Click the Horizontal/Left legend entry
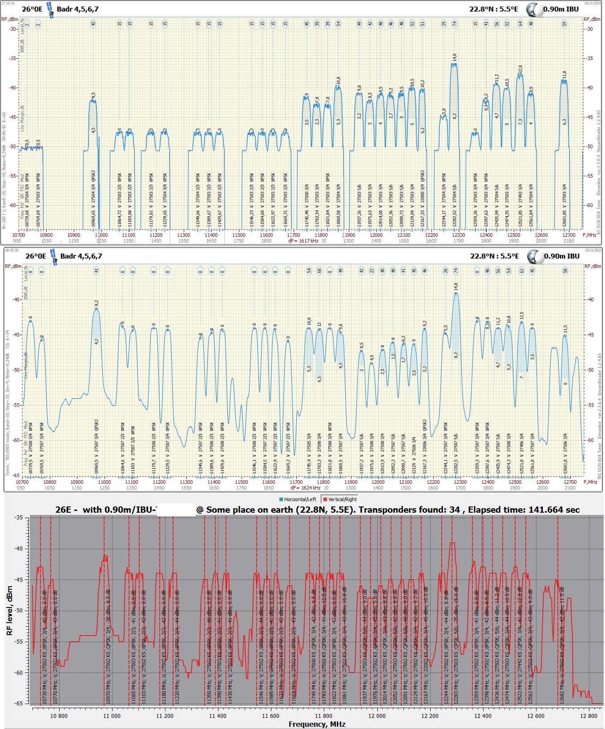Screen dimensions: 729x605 coord(301,499)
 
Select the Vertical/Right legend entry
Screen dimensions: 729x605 coord(340,499)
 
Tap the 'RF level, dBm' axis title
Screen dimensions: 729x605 coord(9,610)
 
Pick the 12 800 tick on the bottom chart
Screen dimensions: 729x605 coord(589,716)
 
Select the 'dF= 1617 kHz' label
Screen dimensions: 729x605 coord(303,241)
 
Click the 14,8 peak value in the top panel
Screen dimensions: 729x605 coord(454,57)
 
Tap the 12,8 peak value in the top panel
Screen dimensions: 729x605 coord(520,69)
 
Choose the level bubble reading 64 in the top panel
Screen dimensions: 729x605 coord(520,24)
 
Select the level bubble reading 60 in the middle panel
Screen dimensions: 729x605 coord(319,271)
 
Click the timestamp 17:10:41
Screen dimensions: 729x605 coord(8,3)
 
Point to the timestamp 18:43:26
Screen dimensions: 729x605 coord(11,250)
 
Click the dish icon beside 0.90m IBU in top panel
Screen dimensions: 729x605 coord(534,9)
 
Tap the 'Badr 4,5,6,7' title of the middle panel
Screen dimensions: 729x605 coord(81,256)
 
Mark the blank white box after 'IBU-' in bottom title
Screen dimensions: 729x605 coord(176,510)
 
